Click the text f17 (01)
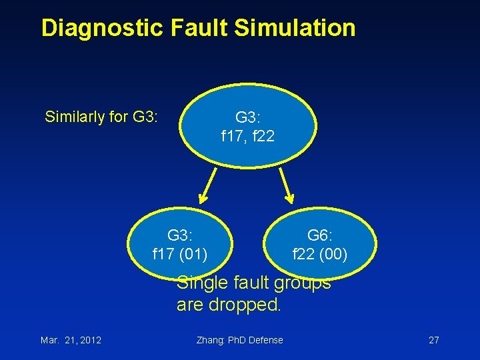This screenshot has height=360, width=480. pyautogui.click(x=180, y=254)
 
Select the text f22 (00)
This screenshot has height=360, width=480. pyautogui.click(x=320, y=254)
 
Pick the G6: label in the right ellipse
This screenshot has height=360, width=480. pyautogui.click(x=320, y=235)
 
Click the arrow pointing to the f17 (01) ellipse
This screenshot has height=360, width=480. pyautogui.click(x=207, y=185)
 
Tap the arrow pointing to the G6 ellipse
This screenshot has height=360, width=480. pyautogui.click(x=287, y=184)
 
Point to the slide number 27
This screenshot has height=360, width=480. pyautogui.click(x=433, y=340)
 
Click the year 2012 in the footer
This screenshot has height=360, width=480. pyautogui.click(x=89, y=340)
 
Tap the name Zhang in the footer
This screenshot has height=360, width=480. pyautogui.click(x=211, y=340)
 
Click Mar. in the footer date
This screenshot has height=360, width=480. pyautogui.click(x=50, y=340)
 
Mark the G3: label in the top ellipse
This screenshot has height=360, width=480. pyautogui.click(x=247, y=118)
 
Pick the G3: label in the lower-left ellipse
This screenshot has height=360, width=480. pyautogui.click(x=180, y=235)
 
